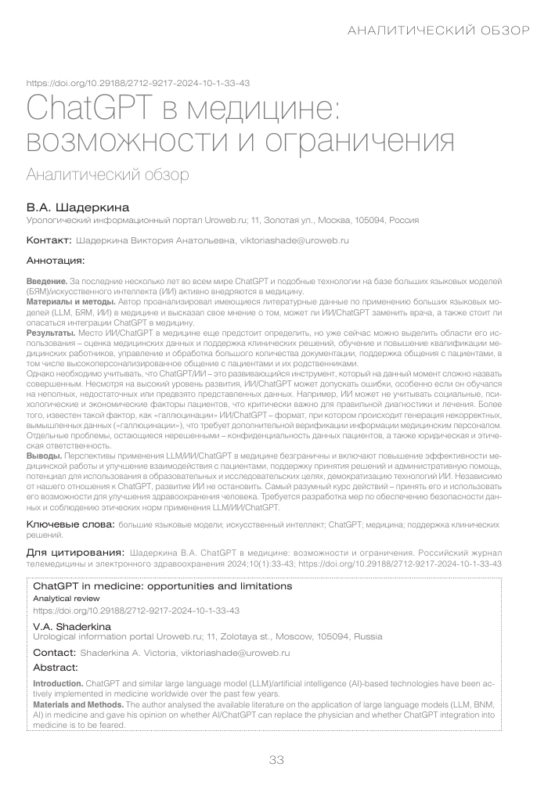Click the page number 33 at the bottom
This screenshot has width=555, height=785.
(277, 760)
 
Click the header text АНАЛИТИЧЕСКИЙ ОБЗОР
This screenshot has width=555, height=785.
(438, 31)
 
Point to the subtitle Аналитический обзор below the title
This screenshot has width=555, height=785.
(107, 173)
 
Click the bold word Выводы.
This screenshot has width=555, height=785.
(45, 455)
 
